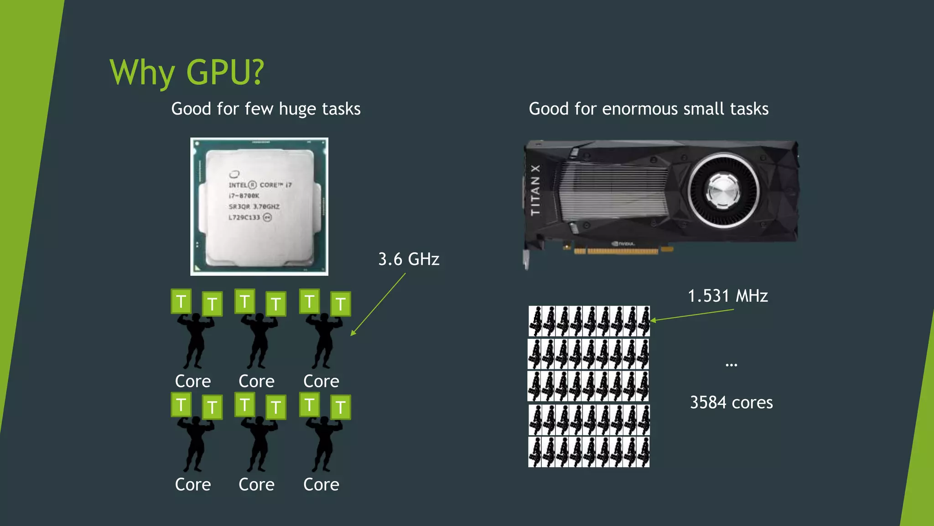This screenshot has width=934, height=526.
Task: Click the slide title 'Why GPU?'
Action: tap(187, 72)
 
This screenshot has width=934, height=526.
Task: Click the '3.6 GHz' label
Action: tap(409, 259)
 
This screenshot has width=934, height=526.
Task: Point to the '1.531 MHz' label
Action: tap(727, 296)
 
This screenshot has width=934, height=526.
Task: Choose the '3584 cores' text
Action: tap(731, 403)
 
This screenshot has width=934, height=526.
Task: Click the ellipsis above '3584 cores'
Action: tap(731, 365)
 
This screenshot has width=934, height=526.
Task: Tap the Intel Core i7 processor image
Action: tap(259, 206)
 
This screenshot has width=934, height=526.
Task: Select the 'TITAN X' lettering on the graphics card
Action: tap(535, 190)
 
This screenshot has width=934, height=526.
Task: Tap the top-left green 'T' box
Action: tap(181, 301)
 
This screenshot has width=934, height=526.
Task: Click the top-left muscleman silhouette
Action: tap(196, 340)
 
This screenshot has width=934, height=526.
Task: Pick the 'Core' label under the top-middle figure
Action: tap(256, 381)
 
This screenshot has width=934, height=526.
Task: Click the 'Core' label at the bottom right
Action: tap(321, 484)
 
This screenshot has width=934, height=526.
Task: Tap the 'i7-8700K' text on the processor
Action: tap(244, 196)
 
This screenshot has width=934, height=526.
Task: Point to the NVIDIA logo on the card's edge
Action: tap(623, 244)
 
